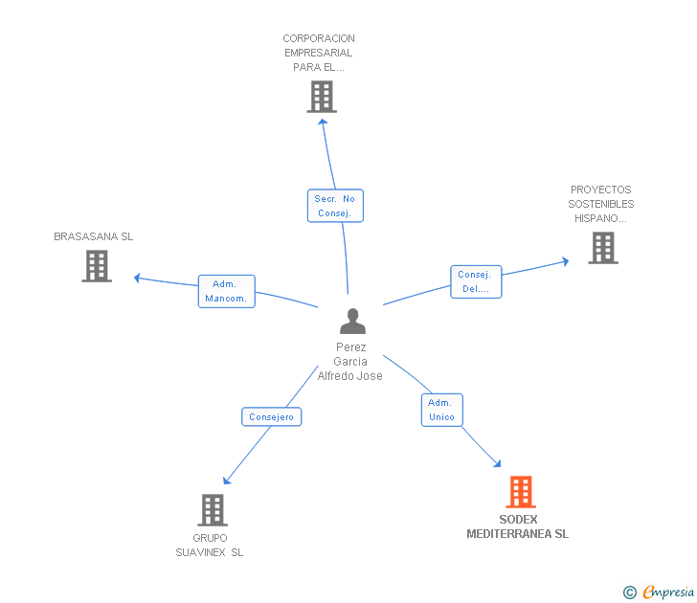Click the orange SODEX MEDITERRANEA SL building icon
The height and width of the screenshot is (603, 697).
click(x=520, y=492)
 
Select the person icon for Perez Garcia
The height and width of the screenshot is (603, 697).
click(x=352, y=322)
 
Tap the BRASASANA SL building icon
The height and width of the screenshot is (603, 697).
click(x=97, y=266)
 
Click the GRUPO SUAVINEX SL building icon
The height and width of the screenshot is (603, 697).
click(x=213, y=510)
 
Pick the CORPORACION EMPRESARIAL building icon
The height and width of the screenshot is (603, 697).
click(x=322, y=97)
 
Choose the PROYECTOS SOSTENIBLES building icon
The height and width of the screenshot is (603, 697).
click(x=602, y=248)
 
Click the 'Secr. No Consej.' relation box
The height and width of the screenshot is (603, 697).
click(x=335, y=206)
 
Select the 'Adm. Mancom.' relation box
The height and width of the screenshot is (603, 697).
click(x=227, y=291)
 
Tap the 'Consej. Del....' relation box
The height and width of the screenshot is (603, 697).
click(x=476, y=281)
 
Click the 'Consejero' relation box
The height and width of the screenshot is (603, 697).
click(x=272, y=416)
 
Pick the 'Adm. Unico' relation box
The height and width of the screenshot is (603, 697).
click(x=441, y=410)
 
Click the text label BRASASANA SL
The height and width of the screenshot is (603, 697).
click(x=94, y=236)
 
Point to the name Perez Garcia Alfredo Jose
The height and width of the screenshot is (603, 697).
click(x=350, y=362)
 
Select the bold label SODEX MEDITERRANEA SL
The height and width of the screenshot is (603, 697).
click(x=518, y=527)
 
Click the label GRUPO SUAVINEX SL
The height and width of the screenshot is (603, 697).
click(x=210, y=545)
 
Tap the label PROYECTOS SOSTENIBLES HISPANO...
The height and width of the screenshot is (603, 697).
click(x=601, y=204)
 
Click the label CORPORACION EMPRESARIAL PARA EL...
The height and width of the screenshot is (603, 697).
click(x=319, y=54)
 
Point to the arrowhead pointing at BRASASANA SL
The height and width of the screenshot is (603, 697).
click(x=138, y=278)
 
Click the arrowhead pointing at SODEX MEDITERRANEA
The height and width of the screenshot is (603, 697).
click(x=496, y=463)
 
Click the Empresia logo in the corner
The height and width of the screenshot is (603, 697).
click(x=660, y=592)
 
